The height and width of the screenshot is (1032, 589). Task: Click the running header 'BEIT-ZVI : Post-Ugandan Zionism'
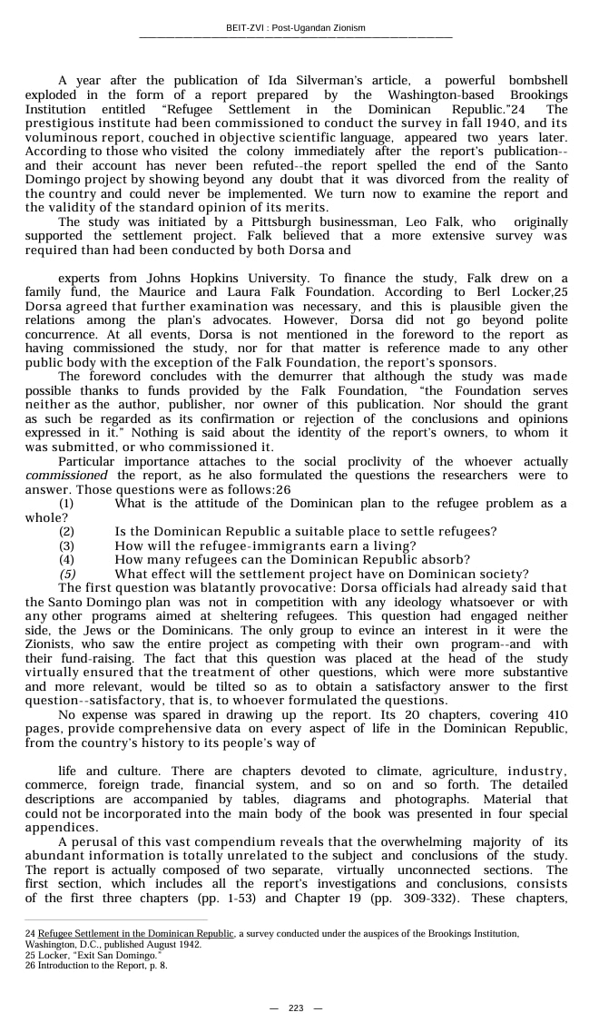pos(295,28)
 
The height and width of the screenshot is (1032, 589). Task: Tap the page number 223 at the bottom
pos(295,1008)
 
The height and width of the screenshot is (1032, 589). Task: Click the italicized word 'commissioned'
pos(66,476)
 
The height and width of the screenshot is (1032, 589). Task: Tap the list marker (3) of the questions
pos(67,545)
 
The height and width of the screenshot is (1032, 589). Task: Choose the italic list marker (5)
pos(67,574)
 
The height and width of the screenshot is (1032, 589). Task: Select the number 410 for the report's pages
pos(555,714)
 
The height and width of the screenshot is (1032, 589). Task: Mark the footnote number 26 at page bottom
pos(31,965)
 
